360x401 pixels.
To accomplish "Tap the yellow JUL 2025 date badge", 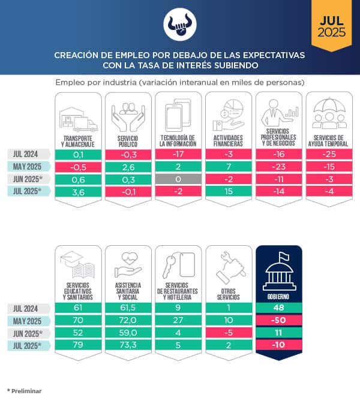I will coord(332,26).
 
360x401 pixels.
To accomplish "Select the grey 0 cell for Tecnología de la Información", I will coord(178,179).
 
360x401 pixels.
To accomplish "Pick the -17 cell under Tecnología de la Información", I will coord(178,154).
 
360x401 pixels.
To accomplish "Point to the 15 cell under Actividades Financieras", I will coord(229,192).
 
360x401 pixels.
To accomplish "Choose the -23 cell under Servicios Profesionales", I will coord(279,167).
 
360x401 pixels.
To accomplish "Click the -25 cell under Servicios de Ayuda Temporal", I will coord(329,154).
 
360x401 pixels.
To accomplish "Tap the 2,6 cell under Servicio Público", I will coord(128,167).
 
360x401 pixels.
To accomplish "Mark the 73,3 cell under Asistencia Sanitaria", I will coord(128,346).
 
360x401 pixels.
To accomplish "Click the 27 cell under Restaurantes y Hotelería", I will coord(178,321).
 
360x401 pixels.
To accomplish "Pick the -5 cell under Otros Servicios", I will coord(229,333).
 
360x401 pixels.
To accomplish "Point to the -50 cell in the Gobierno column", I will coord(279,321).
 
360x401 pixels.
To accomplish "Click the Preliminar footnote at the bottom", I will coord(25,391).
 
